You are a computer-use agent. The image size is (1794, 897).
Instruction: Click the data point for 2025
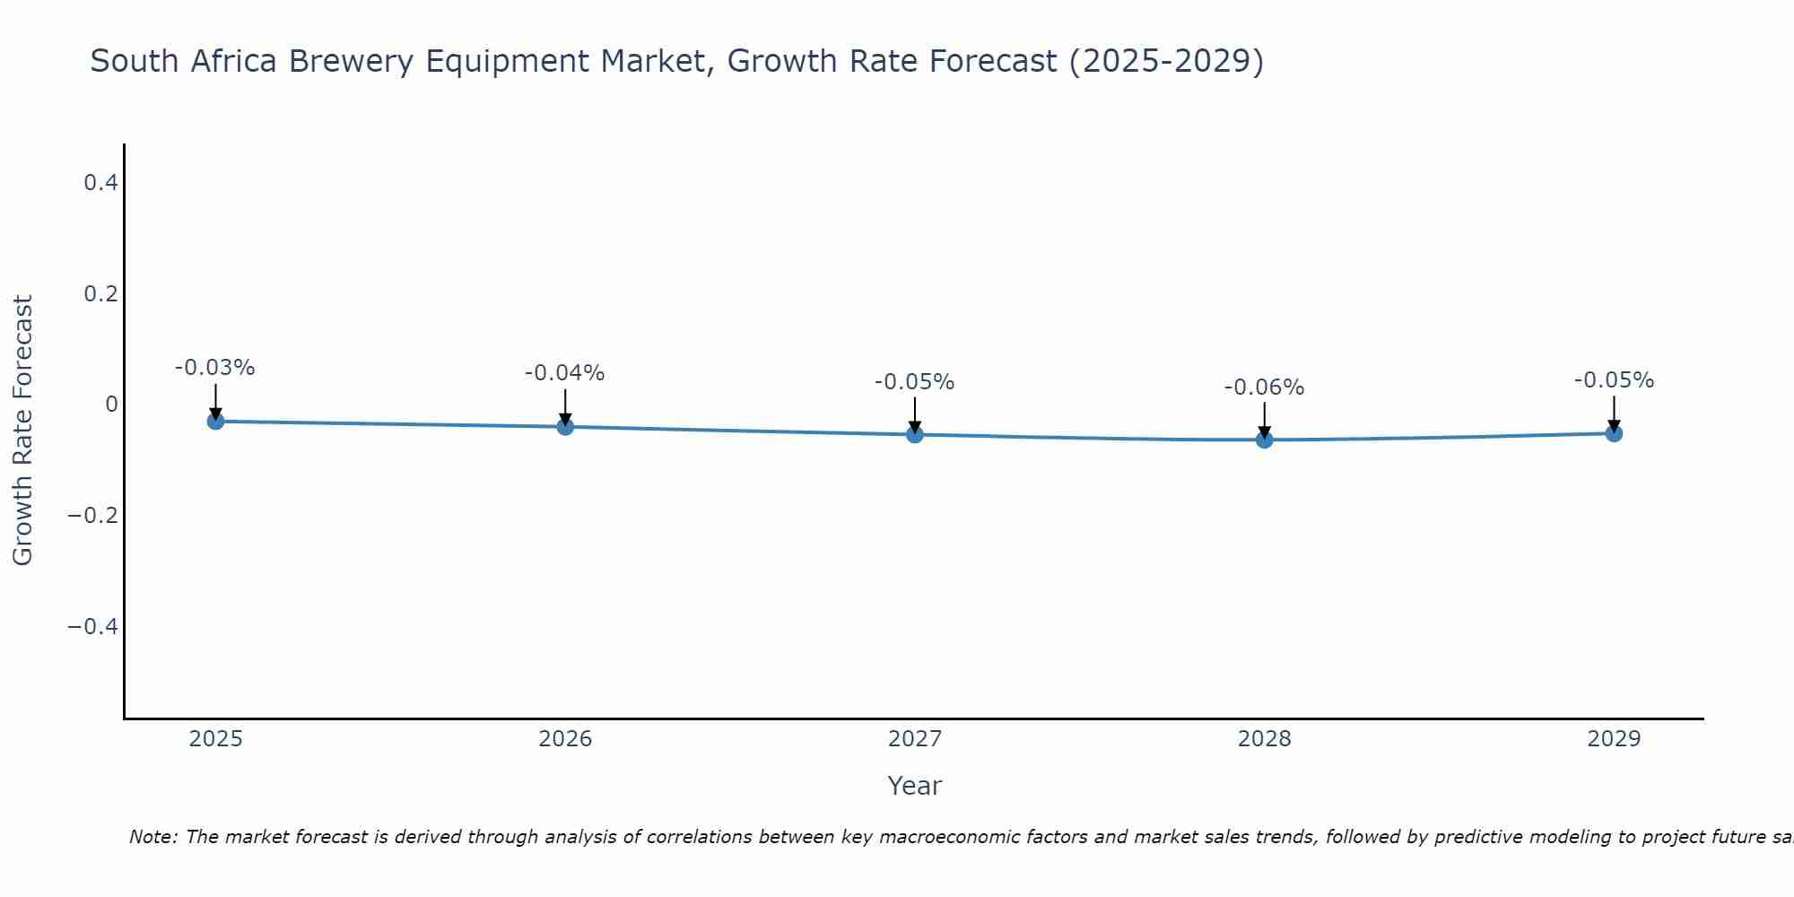215,421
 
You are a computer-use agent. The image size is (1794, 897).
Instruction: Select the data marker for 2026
565,426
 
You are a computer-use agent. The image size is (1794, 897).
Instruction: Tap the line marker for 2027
915,434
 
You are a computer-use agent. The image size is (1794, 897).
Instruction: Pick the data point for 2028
1265,440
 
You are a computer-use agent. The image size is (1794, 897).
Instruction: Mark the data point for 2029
1614,433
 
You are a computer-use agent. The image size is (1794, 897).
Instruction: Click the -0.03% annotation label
215,368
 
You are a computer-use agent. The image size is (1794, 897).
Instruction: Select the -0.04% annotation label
565,373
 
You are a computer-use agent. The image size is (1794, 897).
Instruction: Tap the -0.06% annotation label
1265,388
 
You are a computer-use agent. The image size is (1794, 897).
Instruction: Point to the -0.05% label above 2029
1614,380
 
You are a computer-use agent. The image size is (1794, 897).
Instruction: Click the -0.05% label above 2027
915,382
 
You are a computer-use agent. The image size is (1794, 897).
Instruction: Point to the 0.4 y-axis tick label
100,183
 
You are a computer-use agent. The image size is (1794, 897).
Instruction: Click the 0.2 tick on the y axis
100,294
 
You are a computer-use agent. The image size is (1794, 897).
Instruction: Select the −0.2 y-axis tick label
93,516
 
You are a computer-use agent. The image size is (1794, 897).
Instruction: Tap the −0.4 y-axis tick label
93,626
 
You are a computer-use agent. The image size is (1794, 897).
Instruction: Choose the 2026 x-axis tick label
565,739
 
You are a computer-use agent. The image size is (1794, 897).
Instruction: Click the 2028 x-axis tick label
1265,739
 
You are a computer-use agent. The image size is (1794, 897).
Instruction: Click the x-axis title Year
914,786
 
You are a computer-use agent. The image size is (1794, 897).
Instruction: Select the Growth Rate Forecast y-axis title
22,431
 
